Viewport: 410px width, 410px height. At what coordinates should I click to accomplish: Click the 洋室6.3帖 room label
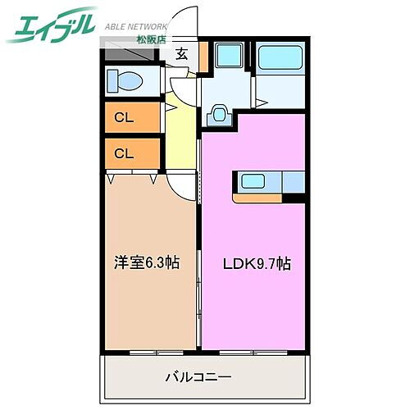pyautogui.click(x=147, y=263)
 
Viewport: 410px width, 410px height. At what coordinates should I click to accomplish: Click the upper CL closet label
pyautogui.click(x=124, y=117)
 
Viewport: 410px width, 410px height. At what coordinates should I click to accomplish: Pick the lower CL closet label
pyautogui.click(x=124, y=153)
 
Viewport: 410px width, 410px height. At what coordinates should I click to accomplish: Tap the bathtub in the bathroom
pyautogui.click(x=280, y=59)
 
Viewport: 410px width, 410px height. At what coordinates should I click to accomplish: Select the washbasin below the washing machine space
pyautogui.click(x=219, y=113)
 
